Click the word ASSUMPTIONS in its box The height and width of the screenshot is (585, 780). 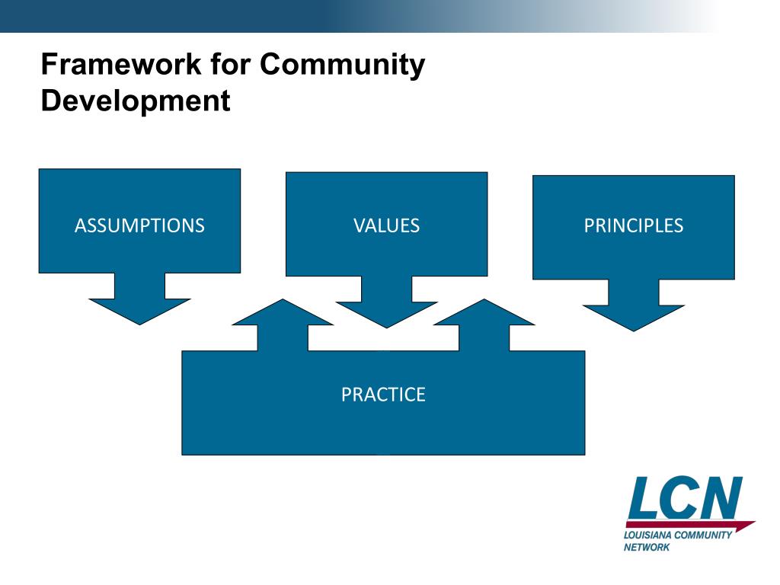coord(139,225)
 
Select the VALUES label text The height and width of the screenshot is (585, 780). coord(386,225)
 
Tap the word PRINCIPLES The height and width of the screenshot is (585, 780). coord(633,225)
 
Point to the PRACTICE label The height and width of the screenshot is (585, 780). coord(383,395)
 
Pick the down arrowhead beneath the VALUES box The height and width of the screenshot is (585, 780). coord(386,313)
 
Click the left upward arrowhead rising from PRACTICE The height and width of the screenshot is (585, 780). coord(283,313)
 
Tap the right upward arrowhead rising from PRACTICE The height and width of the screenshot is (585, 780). coord(484,313)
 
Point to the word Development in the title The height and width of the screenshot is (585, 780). coord(135,101)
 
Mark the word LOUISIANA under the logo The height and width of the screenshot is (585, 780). coord(648,535)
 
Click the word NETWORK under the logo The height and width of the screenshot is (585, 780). coord(647,547)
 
